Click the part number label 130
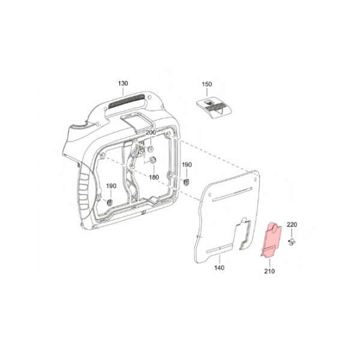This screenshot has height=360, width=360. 123,83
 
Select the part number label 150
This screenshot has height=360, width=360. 207,84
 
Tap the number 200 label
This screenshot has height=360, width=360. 151,133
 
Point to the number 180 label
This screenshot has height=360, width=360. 154,177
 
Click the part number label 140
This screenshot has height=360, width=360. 219,268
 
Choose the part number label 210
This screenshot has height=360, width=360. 269,271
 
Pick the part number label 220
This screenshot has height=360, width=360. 292,224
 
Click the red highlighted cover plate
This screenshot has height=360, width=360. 271,240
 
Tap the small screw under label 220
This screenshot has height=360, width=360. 292,242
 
